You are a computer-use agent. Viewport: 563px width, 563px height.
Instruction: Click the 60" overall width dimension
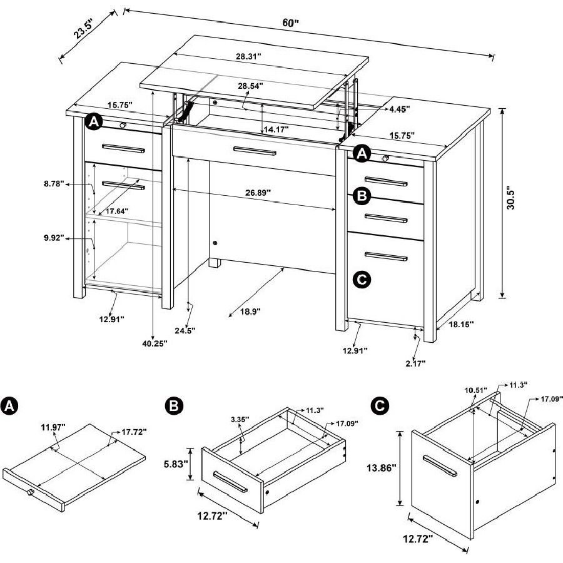point(290,23)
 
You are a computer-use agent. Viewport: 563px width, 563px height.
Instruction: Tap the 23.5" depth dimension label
point(84,29)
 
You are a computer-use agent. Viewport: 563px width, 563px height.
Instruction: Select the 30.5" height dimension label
point(510,198)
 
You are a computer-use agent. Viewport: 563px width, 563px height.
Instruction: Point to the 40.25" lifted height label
point(155,343)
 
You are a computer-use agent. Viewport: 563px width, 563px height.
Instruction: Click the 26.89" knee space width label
point(258,193)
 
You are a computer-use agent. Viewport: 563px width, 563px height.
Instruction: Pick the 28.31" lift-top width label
point(248,56)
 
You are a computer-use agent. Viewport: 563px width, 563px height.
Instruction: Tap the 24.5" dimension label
point(185,330)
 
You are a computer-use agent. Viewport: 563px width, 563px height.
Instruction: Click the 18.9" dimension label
point(250,312)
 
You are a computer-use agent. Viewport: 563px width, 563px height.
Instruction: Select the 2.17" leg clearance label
point(415,363)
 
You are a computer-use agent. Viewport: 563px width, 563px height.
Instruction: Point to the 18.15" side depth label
point(461,324)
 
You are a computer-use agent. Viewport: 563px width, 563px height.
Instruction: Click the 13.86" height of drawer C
point(381,467)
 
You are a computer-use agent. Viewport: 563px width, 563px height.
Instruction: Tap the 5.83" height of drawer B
point(176,464)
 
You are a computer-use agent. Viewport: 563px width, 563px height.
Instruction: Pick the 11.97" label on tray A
point(53,427)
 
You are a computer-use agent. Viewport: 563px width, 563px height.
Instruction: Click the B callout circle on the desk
point(362,196)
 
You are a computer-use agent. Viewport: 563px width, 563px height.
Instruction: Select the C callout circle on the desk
point(362,279)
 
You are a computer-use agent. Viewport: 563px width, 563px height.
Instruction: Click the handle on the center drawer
point(255,151)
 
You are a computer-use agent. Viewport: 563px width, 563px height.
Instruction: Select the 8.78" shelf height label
point(54,184)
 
